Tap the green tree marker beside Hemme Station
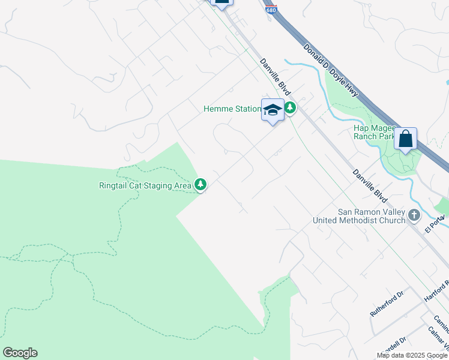point(290,109)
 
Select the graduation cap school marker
point(273,110)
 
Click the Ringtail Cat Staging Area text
point(145,185)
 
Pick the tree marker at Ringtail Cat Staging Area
point(201,185)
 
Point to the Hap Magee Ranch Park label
point(374,132)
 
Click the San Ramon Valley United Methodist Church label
point(360,216)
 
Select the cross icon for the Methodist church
point(414,215)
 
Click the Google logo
point(20,352)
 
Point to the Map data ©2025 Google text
point(412,355)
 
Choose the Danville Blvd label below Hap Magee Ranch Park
point(369,182)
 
